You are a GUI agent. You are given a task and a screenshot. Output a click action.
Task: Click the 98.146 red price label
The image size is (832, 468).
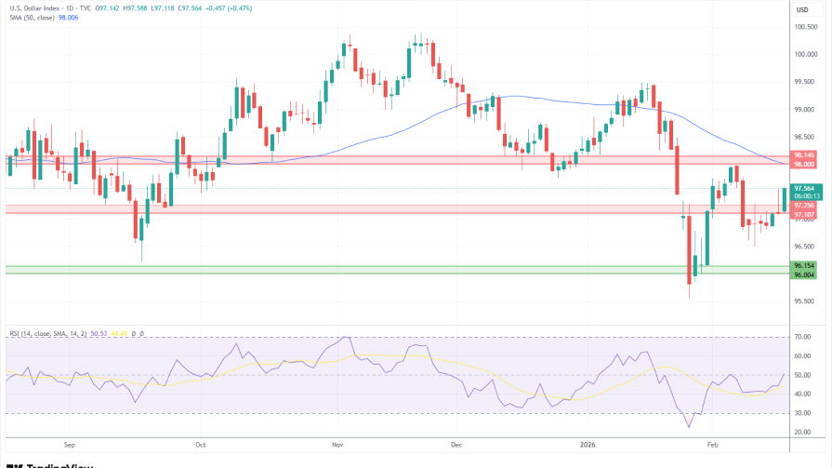coord(804,154)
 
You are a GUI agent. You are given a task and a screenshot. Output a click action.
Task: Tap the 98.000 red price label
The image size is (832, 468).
coord(804,164)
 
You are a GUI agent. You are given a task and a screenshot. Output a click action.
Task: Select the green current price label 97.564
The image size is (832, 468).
coord(804,188)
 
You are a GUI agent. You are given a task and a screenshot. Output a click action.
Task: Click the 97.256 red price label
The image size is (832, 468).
coord(804,206)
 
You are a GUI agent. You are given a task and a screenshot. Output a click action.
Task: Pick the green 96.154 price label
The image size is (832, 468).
coord(804,265)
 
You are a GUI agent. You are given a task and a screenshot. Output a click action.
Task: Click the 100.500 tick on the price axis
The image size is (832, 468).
coord(805,27)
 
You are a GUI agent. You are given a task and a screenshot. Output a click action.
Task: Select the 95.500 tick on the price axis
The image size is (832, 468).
coord(805,301)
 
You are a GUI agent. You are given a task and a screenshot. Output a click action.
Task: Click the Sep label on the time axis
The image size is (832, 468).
coord(70,446)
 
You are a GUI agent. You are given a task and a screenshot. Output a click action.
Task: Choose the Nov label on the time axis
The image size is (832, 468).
coord(337,446)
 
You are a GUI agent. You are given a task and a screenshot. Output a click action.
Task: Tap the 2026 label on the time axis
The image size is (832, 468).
coord(586,446)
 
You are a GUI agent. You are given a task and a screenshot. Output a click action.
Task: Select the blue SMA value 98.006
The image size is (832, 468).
coord(69,19)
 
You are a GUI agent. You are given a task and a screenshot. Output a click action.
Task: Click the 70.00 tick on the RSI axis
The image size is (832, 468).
coord(803,337)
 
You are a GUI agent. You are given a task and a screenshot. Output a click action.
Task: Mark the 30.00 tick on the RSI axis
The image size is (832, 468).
coord(803,413)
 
